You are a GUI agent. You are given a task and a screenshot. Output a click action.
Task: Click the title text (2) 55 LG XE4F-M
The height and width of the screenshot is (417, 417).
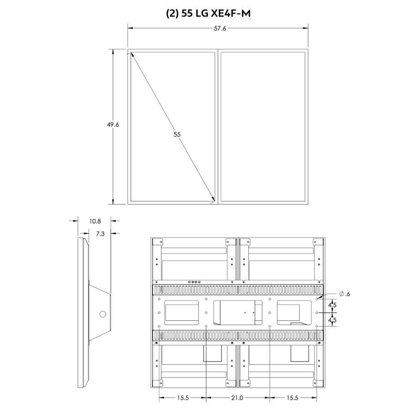[208, 13]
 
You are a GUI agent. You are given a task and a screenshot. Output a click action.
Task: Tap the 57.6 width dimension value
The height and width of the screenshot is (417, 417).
[220, 29]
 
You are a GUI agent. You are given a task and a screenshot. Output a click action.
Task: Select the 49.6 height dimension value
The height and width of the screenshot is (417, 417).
[113, 125]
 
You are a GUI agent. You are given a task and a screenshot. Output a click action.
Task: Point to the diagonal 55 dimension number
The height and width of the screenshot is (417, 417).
[177, 134]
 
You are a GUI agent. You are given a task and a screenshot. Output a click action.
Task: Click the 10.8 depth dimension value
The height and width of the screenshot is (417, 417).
[95, 221]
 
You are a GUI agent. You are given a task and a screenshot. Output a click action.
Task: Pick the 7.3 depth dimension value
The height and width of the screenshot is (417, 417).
[100, 234]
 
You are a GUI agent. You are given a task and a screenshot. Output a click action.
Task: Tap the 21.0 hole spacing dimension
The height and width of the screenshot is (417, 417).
[237, 398]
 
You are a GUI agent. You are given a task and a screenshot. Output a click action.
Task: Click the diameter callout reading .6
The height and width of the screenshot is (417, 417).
[345, 294]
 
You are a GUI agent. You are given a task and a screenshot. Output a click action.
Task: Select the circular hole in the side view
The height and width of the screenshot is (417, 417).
[103, 314]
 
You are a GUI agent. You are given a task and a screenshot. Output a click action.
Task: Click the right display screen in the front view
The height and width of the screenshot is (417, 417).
[263, 127]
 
